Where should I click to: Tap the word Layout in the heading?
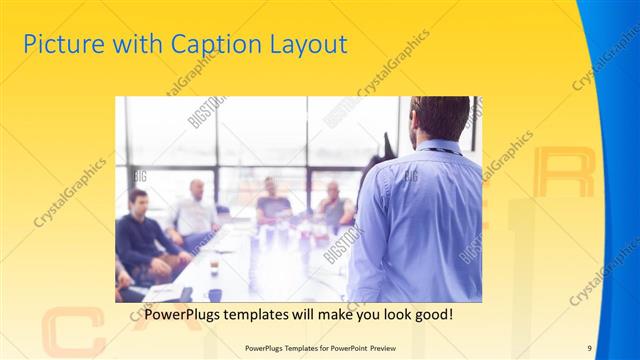(x=309, y=45)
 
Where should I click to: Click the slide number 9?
(x=590, y=347)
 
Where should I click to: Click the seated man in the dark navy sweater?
(x=143, y=240)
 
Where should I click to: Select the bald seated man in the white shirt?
(x=194, y=212)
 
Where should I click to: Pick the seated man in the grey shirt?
(x=333, y=205)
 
